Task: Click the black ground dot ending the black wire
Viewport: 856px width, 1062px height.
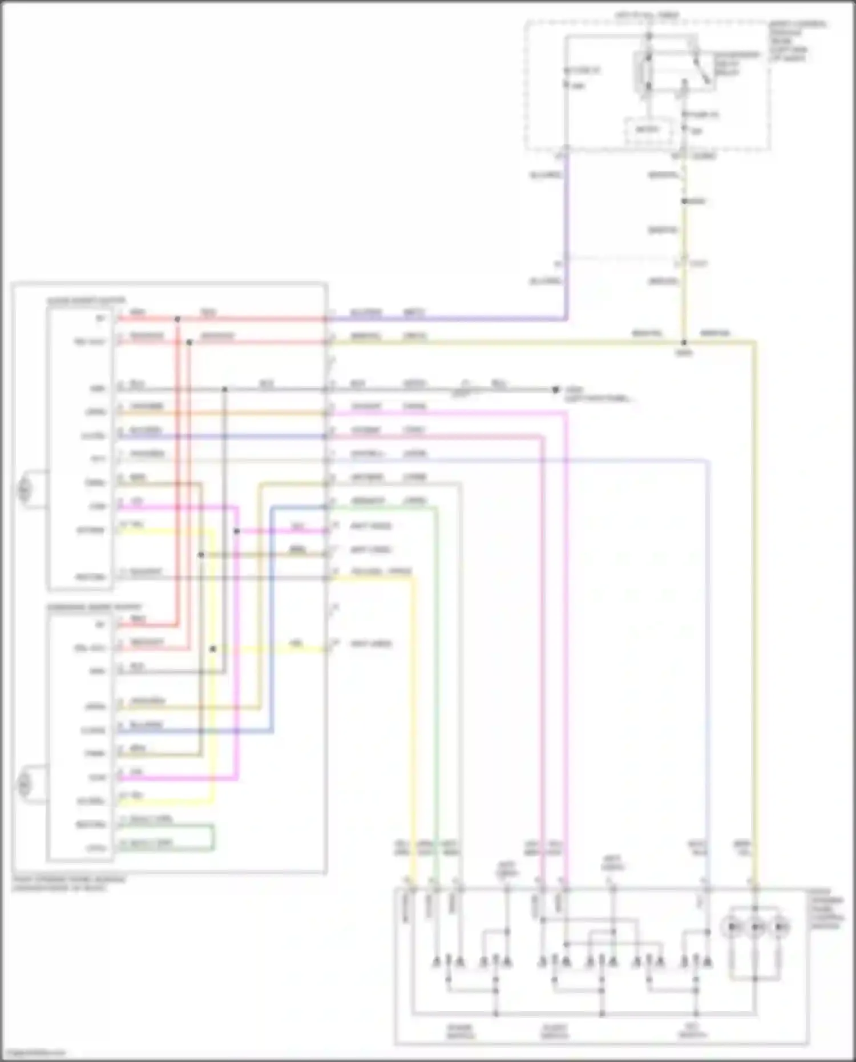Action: coord(555,390)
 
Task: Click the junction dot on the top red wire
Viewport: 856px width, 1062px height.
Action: coord(177,319)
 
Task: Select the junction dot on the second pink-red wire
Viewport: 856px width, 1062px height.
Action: coord(189,342)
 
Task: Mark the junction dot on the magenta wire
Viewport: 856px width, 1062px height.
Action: coord(236,531)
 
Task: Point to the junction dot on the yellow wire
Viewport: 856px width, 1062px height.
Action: coord(213,649)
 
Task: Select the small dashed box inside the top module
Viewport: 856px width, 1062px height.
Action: coord(647,130)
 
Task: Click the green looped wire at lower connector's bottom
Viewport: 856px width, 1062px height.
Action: coord(213,838)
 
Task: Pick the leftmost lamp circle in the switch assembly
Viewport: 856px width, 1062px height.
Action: coord(732,927)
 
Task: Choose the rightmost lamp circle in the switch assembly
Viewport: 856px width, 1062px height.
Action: coord(780,927)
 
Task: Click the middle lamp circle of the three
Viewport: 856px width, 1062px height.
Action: coord(756,927)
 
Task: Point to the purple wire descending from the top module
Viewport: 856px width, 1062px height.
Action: coord(566,228)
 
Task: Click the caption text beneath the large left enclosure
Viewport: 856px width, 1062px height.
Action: coord(68,884)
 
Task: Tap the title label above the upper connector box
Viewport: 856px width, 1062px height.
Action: coord(86,300)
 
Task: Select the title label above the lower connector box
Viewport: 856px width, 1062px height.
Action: coord(94,607)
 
